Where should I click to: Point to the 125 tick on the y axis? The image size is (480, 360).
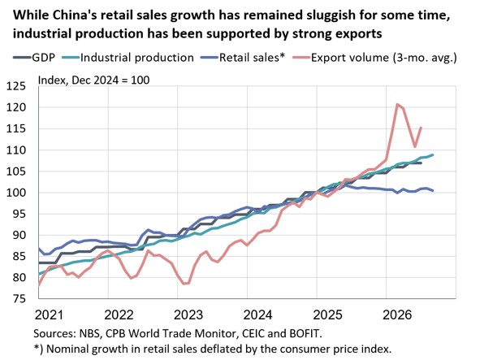[x=16, y=86]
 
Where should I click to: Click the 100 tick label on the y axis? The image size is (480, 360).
[x=16, y=193]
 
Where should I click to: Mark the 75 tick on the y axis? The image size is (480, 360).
[x=19, y=299]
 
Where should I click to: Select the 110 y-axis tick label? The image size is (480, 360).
[x=16, y=150]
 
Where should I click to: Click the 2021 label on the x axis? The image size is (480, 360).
[x=49, y=315]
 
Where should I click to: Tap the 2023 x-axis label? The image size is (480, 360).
[x=188, y=315]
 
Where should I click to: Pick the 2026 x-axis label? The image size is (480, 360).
[x=397, y=315]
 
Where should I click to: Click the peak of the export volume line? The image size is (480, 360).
[x=397, y=104]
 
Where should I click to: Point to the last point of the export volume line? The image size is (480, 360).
[x=422, y=128]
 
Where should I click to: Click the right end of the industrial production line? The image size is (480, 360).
[x=433, y=154]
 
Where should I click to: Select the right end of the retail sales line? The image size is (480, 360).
[x=433, y=191]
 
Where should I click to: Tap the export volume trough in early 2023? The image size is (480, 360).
[x=184, y=284]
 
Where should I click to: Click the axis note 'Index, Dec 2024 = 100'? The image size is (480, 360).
[x=93, y=80]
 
